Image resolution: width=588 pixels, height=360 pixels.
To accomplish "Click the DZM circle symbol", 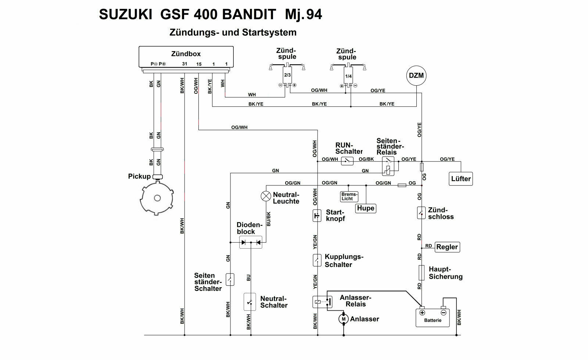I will (416, 76).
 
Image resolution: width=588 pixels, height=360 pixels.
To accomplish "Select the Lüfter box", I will (461, 179).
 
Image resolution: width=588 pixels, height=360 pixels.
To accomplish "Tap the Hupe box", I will (366, 208).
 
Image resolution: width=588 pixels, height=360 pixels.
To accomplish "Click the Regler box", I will (447, 247).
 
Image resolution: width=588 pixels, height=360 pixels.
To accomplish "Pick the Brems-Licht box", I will (349, 196).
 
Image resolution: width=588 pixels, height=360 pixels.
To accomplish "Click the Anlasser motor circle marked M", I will (343, 319).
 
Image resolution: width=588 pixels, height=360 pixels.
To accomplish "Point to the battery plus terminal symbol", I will (422, 313).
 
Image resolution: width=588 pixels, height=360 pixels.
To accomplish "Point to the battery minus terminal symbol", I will (444, 313).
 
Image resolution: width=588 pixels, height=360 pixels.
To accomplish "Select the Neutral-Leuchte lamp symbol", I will (266, 196).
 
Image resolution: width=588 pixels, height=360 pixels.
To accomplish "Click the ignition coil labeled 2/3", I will (287, 75).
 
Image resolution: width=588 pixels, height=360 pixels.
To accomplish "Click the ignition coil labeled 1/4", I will (348, 76).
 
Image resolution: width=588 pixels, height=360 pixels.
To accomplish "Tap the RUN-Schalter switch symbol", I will (347, 161).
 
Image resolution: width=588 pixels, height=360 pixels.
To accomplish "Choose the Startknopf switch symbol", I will (317, 215).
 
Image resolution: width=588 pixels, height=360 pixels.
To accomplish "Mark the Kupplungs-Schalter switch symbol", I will (317, 260).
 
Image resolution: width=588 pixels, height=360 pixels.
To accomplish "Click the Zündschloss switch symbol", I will (421, 213).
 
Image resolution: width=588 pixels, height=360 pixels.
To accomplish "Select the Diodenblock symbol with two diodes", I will (251, 242).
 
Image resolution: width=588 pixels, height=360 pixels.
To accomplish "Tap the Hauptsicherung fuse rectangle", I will (422, 272).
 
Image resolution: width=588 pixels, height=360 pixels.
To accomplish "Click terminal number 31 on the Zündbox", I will (184, 64).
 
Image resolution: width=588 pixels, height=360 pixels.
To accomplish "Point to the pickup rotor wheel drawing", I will (157, 198).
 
